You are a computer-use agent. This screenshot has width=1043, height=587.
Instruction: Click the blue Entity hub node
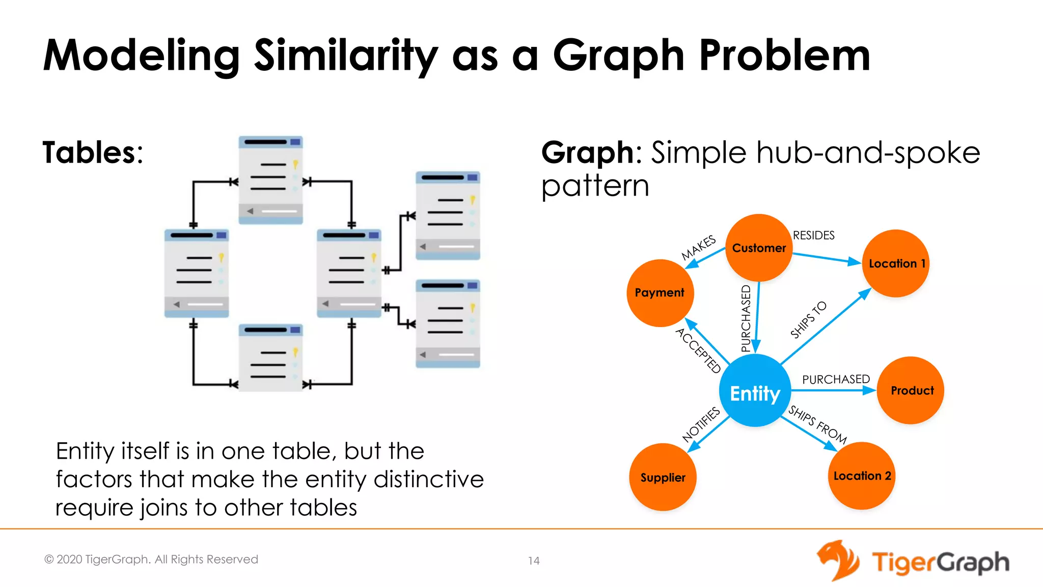[755, 391]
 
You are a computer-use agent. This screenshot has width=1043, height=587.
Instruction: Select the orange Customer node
[758, 248]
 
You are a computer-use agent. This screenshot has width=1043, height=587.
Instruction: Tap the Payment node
[660, 293]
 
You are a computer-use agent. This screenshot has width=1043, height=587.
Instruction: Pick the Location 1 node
[895, 263]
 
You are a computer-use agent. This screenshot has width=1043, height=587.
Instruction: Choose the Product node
[911, 390]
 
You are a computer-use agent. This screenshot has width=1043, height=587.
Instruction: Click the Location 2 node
[862, 476]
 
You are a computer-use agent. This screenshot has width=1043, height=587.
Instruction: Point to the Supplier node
[663, 477]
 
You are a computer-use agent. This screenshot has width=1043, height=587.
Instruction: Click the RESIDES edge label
[813, 235]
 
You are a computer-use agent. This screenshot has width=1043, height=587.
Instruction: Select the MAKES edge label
[699, 248]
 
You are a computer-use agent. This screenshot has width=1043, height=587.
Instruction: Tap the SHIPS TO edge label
[808, 320]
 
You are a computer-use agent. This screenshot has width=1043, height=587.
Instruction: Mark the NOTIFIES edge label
[701, 424]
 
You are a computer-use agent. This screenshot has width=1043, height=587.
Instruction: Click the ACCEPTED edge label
[698, 351]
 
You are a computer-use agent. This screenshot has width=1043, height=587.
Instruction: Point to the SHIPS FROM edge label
[817, 424]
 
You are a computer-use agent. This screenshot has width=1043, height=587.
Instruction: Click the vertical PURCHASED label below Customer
[746, 318]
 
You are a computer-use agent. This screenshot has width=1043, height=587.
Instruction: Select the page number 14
[533, 561]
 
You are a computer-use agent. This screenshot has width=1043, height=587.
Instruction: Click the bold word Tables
[89, 152]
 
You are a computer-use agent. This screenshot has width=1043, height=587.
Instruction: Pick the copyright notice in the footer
[151, 559]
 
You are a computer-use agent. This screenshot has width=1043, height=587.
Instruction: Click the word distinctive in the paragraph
[428, 479]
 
